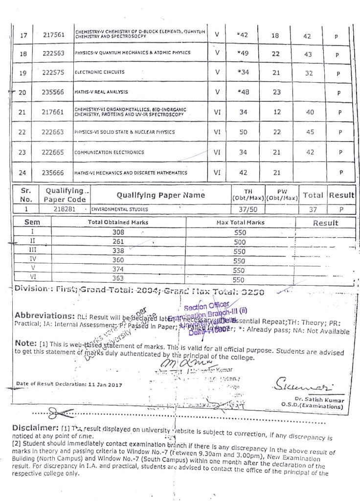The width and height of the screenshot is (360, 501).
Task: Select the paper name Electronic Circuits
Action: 100,72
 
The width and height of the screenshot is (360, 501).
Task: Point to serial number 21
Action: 22,112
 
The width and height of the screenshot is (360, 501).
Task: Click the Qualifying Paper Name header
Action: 160,195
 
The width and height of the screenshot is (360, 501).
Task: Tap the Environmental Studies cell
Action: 114,209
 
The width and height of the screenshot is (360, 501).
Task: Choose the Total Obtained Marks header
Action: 118,222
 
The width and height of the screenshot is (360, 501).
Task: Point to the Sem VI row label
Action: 32,277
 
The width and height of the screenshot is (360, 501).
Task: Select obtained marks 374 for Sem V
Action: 118,269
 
